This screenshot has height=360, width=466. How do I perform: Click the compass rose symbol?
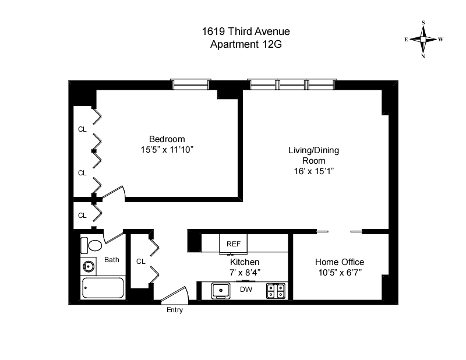pyautogui.click(x=423, y=40)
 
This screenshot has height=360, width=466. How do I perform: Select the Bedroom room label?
pyautogui.click(x=167, y=139)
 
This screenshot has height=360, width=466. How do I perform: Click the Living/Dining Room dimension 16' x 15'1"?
pyautogui.click(x=313, y=171)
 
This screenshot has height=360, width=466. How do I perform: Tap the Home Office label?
pyautogui.click(x=339, y=262)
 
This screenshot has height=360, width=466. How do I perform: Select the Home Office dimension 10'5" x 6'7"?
pyautogui.click(x=339, y=273)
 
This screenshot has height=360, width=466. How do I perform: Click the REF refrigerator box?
pyautogui.click(x=234, y=244)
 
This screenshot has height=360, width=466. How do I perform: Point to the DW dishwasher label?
pyautogui.click(x=245, y=290)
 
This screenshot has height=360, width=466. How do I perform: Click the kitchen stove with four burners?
pyautogui.click(x=277, y=290)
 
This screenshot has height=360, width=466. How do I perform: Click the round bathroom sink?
pyautogui.click(x=89, y=267)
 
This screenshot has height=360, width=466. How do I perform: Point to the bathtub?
pyautogui.click(x=103, y=288)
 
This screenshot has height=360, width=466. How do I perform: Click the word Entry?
pyautogui.click(x=175, y=310)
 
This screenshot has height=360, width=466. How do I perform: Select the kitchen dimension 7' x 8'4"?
pyautogui.click(x=245, y=273)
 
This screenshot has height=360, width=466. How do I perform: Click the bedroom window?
pyautogui.click(x=190, y=85)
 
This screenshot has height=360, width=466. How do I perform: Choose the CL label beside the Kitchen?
pyautogui.click(x=140, y=262)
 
